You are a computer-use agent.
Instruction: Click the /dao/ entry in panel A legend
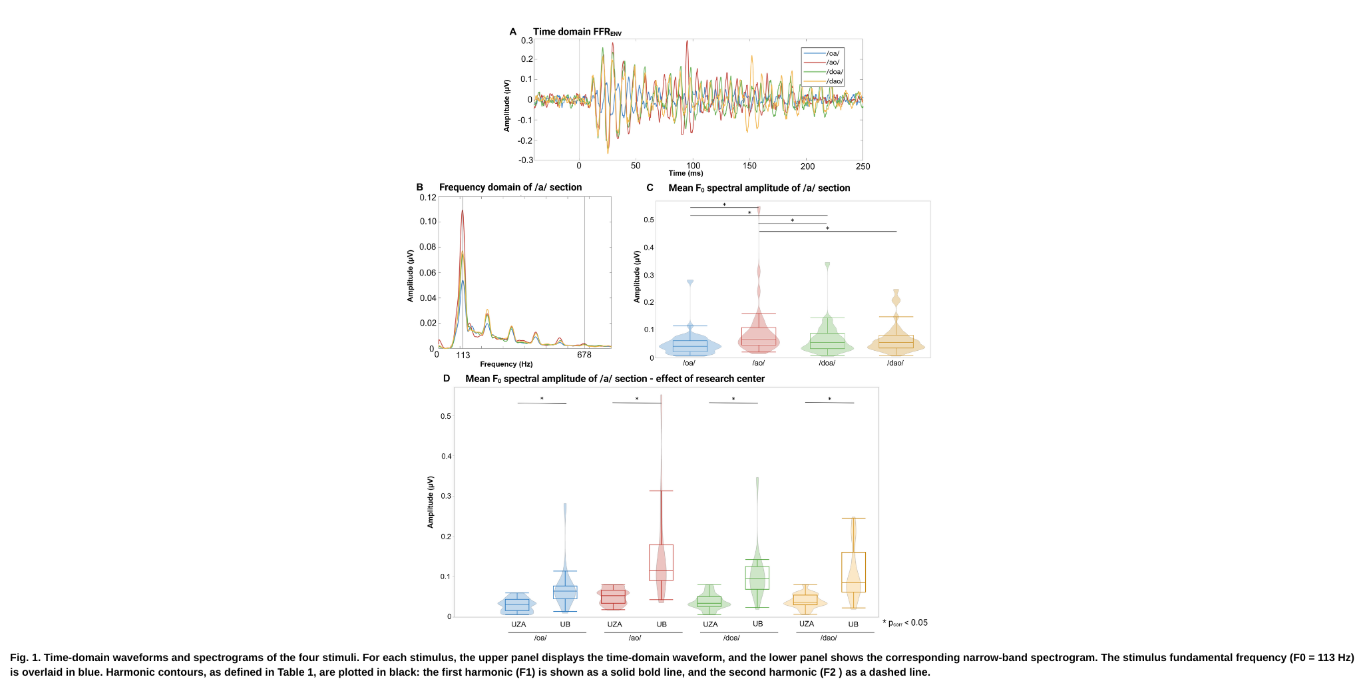[x=834, y=81]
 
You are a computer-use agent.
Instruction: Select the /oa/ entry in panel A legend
[x=833, y=53]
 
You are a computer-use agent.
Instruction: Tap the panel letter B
[x=420, y=187]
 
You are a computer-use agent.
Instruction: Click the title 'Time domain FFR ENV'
[x=577, y=31]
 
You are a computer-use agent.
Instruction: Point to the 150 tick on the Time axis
[x=750, y=166]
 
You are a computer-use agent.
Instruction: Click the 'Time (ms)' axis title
[x=685, y=173]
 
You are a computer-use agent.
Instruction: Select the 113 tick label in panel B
[x=463, y=355]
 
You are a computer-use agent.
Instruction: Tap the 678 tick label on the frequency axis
[x=584, y=355]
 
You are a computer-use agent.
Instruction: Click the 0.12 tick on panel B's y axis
[x=428, y=198]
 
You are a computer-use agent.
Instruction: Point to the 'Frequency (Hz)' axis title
[x=506, y=364]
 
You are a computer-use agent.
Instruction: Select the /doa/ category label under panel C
[x=827, y=363]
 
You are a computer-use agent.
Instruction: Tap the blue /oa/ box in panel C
[x=690, y=346]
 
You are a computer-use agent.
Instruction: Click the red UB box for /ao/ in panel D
[x=661, y=563]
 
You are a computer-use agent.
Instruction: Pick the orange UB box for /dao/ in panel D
[x=853, y=572]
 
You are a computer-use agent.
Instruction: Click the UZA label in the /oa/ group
[x=518, y=624]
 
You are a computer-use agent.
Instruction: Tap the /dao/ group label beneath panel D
[x=829, y=638]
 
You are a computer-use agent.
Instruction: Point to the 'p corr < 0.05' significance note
[x=905, y=623]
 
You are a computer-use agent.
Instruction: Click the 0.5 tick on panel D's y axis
[x=445, y=416]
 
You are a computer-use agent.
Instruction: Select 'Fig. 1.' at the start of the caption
[x=25, y=658]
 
